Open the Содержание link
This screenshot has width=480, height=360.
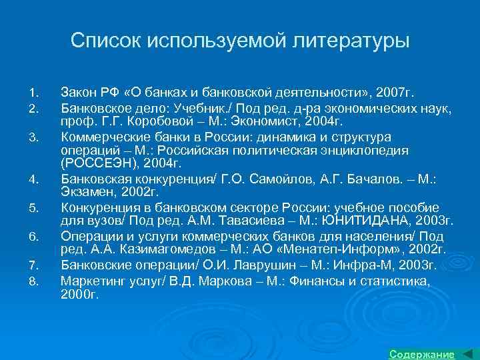coord(421,353)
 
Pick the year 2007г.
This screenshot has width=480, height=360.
coord(396,90)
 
